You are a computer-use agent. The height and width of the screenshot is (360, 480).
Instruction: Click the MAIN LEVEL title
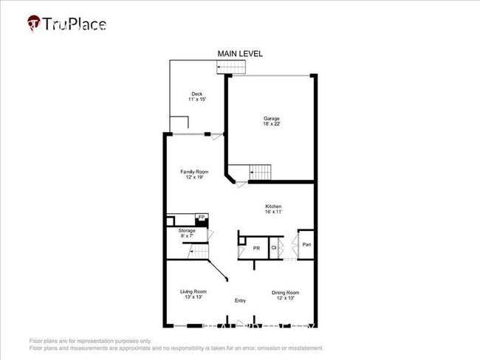pos(239,54)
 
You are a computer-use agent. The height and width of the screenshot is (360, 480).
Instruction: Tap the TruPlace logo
pos(67,24)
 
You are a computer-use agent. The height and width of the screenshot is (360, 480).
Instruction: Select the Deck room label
pos(196,94)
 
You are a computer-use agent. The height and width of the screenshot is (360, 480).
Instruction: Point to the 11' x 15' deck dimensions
pos(196,100)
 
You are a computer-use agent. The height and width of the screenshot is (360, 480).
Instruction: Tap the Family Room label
pos(195,172)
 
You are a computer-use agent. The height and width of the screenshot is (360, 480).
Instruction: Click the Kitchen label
pos(273,206)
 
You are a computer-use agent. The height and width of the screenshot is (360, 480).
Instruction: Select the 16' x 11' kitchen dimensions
pos(273,212)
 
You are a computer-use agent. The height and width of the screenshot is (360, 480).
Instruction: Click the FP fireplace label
pos(199,218)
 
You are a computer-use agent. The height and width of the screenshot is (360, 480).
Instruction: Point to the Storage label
pos(187,231)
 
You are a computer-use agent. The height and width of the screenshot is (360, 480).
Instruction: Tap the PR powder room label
pos(256,249)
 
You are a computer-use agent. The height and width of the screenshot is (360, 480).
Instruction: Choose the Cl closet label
pos(273,248)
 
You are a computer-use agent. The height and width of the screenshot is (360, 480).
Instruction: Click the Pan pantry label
pos(306,243)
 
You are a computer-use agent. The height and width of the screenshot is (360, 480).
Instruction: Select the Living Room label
pos(193,291)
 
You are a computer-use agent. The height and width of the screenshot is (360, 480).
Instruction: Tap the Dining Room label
pos(284,292)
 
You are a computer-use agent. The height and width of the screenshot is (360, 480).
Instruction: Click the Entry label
pos(240,300)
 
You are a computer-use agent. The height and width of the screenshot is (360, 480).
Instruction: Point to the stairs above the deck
pos(230,68)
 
